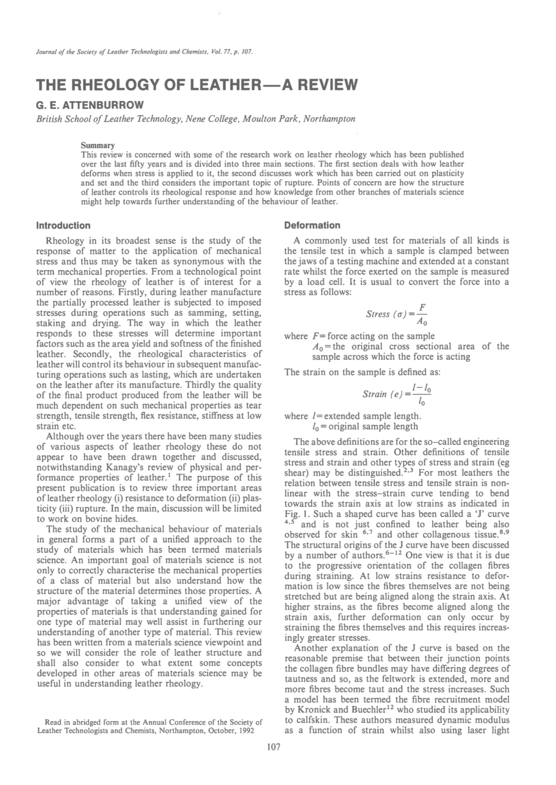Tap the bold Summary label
98,145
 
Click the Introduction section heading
63,225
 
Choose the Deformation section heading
312,225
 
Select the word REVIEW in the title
321,85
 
